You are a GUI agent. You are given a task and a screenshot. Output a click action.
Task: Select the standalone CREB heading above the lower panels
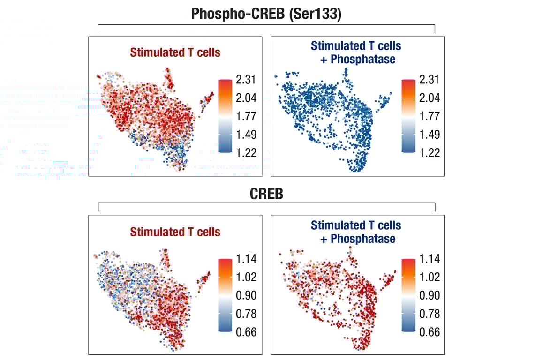(x=266, y=194)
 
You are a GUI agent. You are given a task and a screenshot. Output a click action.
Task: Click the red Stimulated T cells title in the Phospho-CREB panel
(x=175, y=52)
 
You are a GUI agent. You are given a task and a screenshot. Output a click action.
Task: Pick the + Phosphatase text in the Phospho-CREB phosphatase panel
(x=358, y=60)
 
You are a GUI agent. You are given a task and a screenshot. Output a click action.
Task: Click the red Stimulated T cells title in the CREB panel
(x=175, y=232)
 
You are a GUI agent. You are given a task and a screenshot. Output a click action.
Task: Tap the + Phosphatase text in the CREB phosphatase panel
(x=358, y=239)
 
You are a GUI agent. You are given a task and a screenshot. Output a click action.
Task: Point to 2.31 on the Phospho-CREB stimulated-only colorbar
(x=246, y=80)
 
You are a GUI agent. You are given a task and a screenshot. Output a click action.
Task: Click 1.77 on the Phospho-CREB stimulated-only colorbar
(x=246, y=116)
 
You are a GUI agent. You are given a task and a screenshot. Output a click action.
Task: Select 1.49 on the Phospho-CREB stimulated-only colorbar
(x=246, y=135)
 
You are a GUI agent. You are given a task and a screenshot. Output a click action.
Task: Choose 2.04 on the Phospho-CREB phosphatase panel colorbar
(x=430, y=98)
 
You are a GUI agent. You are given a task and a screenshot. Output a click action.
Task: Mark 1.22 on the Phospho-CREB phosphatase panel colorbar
(x=430, y=153)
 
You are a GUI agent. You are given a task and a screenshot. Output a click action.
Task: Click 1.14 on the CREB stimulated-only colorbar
(x=246, y=259)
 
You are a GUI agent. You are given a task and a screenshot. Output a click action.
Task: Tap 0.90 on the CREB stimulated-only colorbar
(x=246, y=295)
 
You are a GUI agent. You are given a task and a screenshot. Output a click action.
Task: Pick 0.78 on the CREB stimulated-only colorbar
(x=246, y=314)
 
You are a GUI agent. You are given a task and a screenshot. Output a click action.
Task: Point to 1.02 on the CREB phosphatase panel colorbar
(x=430, y=277)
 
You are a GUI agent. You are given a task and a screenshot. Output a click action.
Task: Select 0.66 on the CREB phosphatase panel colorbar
(x=430, y=332)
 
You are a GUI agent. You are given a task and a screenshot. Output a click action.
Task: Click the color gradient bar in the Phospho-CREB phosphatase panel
(x=408, y=116)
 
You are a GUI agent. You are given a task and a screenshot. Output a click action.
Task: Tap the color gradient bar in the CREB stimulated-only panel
(x=225, y=295)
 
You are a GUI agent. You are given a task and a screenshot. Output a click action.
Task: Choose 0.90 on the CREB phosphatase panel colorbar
(x=430, y=295)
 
